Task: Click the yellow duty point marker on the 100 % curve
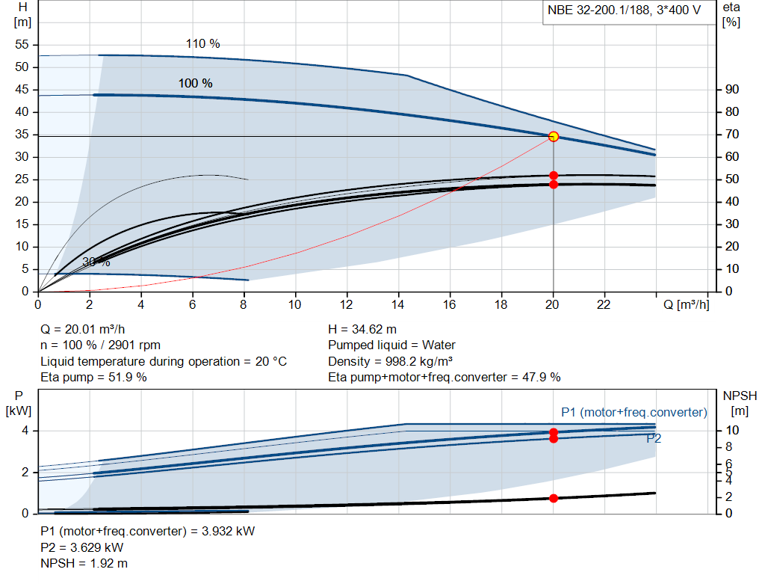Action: click(x=554, y=136)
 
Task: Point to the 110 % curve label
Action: click(x=202, y=44)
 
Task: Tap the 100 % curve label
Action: click(x=195, y=83)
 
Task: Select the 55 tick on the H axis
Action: click(x=22, y=45)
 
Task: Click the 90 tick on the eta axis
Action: click(x=731, y=90)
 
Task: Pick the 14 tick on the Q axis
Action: click(x=398, y=304)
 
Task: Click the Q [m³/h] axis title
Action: click(x=686, y=304)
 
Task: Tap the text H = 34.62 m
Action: click(x=362, y=329)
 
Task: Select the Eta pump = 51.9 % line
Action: click(x=93, y=377)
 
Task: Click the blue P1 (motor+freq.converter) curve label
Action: click(x=634, y=412)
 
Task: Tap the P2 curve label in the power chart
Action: click(x=654, y=439)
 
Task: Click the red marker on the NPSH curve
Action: click(x=554, y=498)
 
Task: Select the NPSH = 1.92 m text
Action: click(x=84, y=563)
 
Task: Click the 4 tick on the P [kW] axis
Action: click(x=25, y=431)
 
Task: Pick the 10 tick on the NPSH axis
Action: click(x=731, y=431)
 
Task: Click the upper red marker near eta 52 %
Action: click(x=554, y=175)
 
